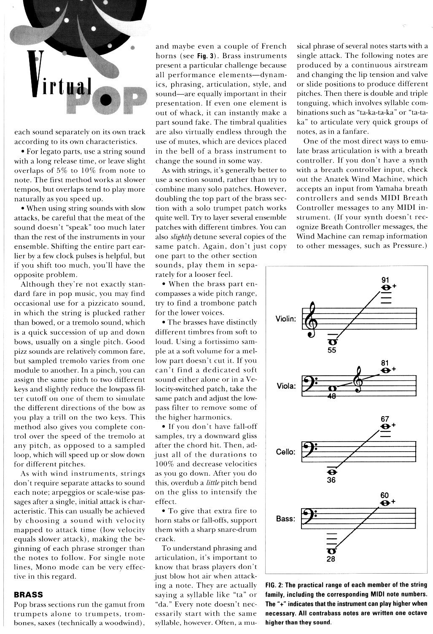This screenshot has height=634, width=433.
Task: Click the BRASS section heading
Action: pos(29,594)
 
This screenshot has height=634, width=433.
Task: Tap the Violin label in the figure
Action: pos(286,319)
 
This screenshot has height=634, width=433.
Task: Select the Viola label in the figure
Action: pos(286,385)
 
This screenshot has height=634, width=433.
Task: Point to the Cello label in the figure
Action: pos(286,452)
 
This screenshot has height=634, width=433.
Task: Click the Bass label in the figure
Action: pos(286,518)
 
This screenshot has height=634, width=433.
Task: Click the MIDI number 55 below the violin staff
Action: pos(331,350)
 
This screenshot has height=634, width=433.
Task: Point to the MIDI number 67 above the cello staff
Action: pos(385,419)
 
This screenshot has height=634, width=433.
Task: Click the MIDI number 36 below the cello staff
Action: pos(331,480)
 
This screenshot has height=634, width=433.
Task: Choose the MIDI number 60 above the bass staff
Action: pos(385,495)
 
